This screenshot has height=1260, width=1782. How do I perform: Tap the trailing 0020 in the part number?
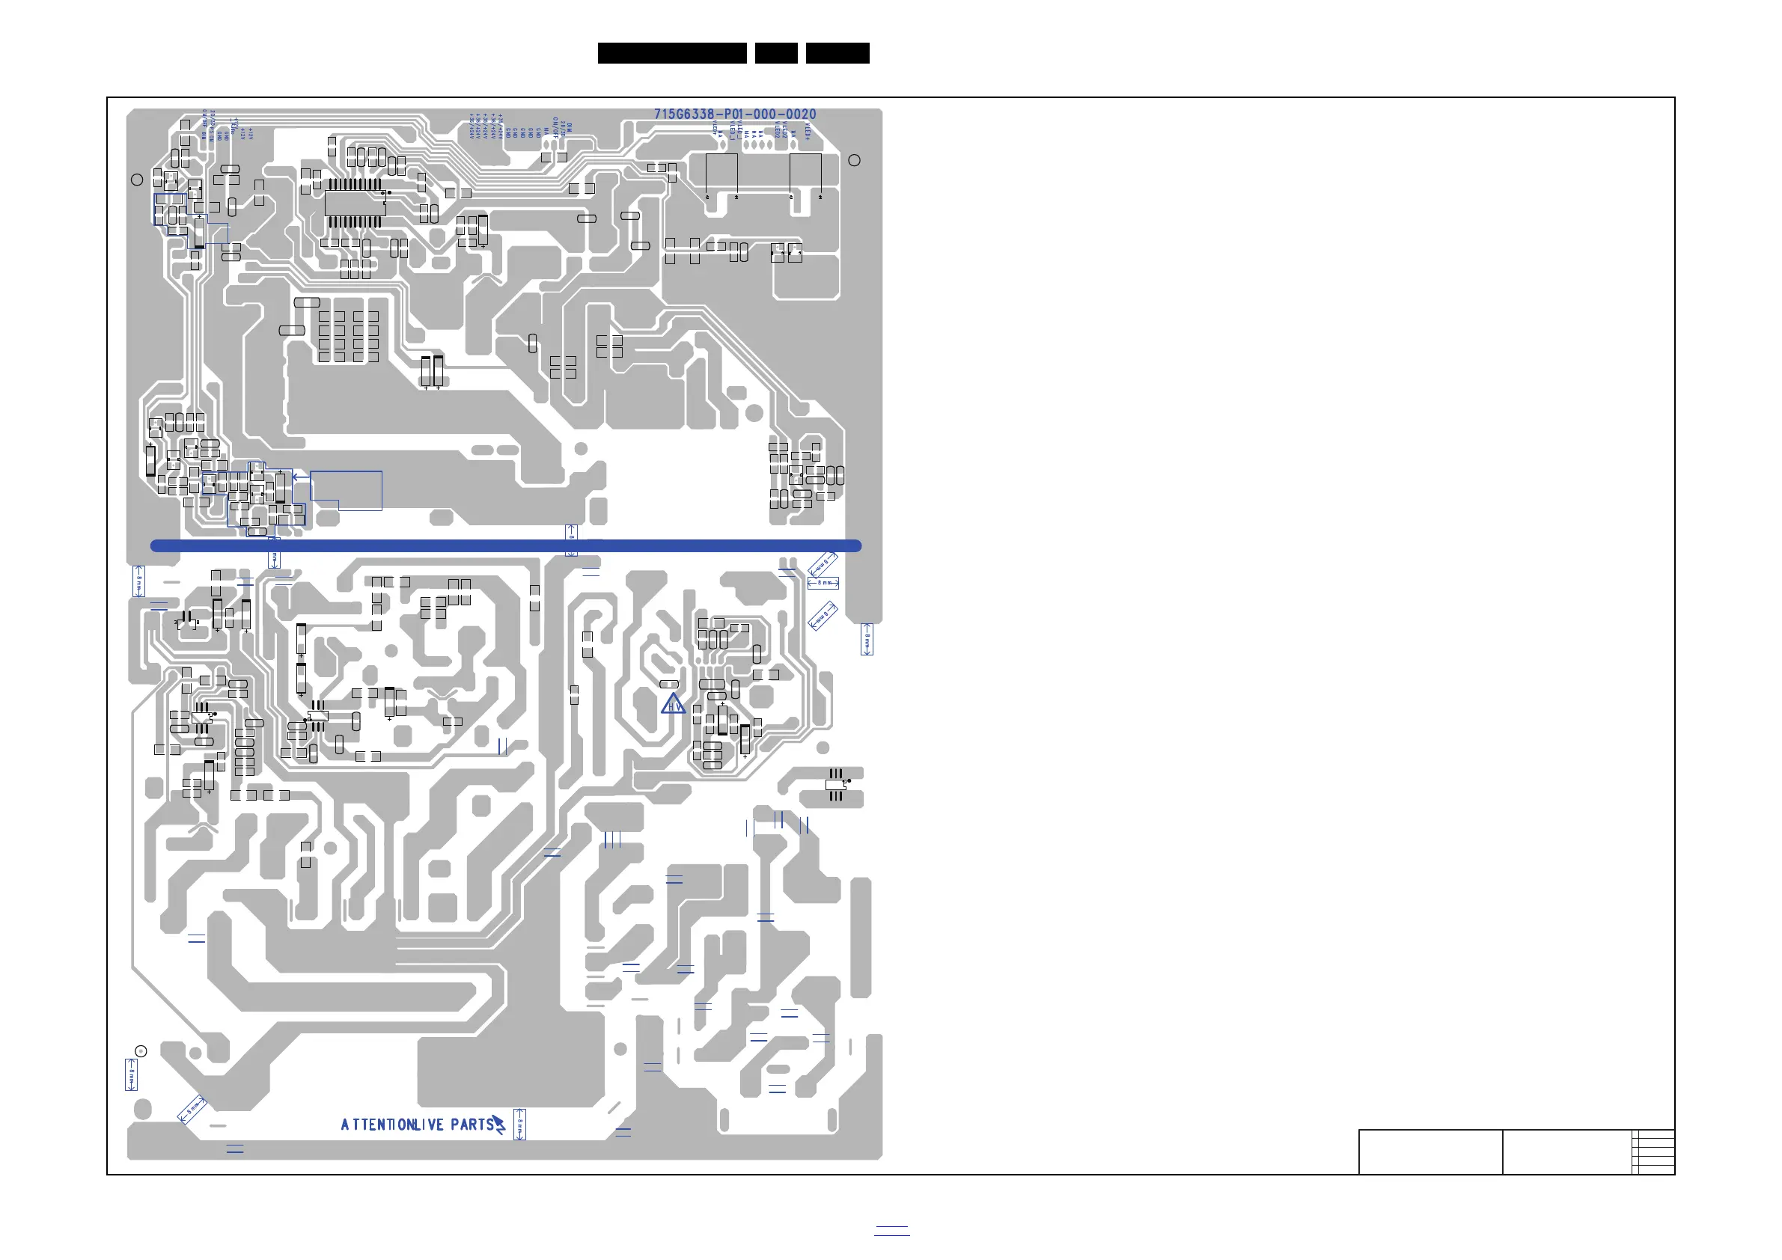click(800, 114)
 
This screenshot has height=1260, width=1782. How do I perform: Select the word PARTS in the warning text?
click(472, 1125)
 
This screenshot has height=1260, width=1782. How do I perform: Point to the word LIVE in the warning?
click(429, 1125)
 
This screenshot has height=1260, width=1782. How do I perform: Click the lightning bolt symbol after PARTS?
click(499, 1125)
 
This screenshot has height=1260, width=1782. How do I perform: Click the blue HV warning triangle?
click(673, 704)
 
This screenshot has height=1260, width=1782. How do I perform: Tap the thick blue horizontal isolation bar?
click(505, 545)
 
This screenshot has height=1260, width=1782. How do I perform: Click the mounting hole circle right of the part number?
click(854, 160)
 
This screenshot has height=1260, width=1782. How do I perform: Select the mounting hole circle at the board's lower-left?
click(141, 1051)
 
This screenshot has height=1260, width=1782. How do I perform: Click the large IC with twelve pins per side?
click(355, 204)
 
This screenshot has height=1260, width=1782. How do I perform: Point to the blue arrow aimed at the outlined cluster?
click(300, 477)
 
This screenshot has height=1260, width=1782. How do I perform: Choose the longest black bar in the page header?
click(671, 53)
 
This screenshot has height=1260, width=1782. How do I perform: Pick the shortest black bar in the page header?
click(775, 53)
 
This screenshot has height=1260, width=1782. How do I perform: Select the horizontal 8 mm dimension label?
click(823, 583)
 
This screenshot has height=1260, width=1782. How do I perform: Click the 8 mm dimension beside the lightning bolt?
click(520, 1125)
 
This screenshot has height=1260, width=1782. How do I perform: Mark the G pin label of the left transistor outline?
click(707, 197)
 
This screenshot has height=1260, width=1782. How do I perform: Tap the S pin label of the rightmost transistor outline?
click(820, 197)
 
